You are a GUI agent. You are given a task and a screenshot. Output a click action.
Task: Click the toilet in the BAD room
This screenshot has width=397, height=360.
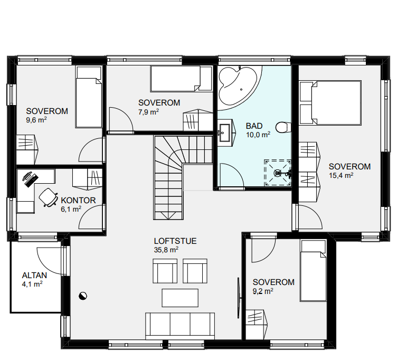tap(283, 127)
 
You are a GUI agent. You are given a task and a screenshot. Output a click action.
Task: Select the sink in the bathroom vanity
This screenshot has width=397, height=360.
tap(224, 132)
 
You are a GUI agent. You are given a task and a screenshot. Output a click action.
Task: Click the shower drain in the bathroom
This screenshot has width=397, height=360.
tap(278, 173)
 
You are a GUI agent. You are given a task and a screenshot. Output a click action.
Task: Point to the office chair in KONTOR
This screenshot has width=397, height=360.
tap(48, 197)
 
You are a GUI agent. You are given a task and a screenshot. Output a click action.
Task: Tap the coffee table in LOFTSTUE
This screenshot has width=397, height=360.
tap(180, 298)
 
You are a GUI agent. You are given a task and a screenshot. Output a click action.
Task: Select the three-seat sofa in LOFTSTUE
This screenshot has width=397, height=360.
tap(180, 326)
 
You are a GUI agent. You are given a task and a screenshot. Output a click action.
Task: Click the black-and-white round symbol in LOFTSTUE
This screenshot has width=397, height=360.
tap(83, 296)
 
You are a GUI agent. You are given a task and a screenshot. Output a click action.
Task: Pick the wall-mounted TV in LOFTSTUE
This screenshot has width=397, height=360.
tap(239, 298)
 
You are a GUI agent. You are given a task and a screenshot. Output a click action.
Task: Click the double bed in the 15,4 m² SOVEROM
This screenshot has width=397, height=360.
tap(330, 103)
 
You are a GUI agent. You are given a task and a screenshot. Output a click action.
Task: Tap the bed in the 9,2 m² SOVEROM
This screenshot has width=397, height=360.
tap(313, 271)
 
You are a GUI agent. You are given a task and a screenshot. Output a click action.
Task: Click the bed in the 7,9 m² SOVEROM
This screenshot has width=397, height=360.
tap(181, 79)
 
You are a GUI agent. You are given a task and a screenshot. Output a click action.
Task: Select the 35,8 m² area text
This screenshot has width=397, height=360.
tap(166, 250)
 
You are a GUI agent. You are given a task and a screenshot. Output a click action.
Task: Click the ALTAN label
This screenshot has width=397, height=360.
tap(34, 276)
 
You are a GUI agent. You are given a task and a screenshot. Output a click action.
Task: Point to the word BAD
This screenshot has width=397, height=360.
tap(254, 126)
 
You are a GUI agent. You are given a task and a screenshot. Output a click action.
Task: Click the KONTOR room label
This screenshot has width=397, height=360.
tap(78, 200)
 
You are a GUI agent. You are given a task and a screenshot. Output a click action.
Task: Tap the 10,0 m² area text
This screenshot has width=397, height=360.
tap(258, 135)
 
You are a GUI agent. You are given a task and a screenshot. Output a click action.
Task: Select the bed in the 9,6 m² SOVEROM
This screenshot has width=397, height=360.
tap(89, 97)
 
